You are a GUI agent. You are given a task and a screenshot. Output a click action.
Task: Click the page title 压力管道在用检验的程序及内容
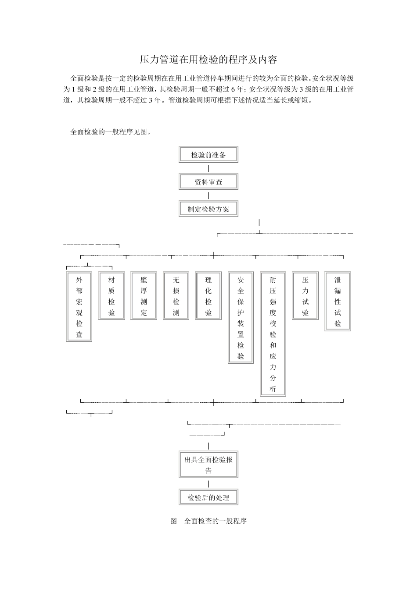tap(208, 59)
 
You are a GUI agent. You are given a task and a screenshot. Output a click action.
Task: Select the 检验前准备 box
tap(208, 155)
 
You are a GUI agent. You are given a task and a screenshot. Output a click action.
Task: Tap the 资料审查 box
tap(208, 182)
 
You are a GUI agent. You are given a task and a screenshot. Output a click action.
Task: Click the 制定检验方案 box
tap(208, 209)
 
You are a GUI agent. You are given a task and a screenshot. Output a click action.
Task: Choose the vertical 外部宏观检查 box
tap(79, 306)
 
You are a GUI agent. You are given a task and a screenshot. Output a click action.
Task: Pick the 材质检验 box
tap(111, 296)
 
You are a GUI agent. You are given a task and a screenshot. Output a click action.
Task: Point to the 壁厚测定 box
tap(144, 296)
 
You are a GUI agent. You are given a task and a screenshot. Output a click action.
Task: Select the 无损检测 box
tap(176, 296)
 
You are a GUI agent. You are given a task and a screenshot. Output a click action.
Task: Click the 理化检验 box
tap(208, 296)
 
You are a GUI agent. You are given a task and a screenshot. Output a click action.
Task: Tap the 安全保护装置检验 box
tap(241, 318)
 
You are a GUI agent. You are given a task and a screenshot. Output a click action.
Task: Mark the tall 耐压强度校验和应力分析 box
tap(273, 334)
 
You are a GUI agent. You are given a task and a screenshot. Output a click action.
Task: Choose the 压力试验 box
tap(306, 296)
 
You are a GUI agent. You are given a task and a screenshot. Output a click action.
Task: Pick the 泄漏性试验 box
tap(338, 301)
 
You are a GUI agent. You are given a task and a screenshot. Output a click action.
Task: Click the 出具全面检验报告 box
tap(208, 465)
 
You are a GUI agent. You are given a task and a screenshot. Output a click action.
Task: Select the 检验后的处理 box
tap(208, 497)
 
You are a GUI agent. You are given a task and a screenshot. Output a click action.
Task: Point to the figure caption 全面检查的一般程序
tap(208, 521)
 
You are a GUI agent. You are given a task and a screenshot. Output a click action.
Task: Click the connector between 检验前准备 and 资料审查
tap(208, 168)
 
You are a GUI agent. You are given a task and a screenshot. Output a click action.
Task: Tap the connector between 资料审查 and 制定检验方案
tap(208, 195)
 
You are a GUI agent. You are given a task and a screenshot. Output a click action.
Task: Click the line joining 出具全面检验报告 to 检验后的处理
tap(208, 484)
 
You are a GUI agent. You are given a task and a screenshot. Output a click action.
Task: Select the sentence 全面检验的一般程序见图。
tap(111, 131)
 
